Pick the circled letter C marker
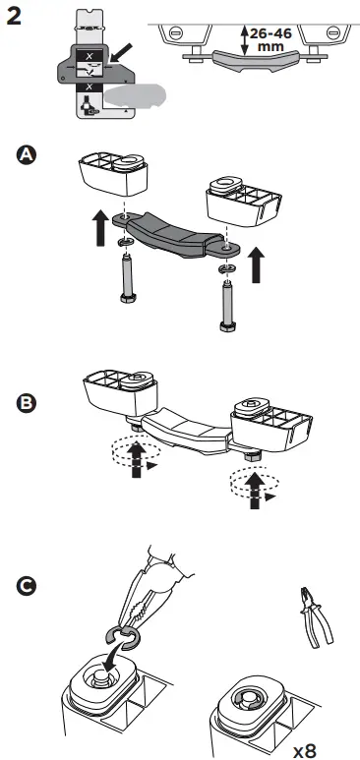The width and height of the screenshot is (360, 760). (28, 586)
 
